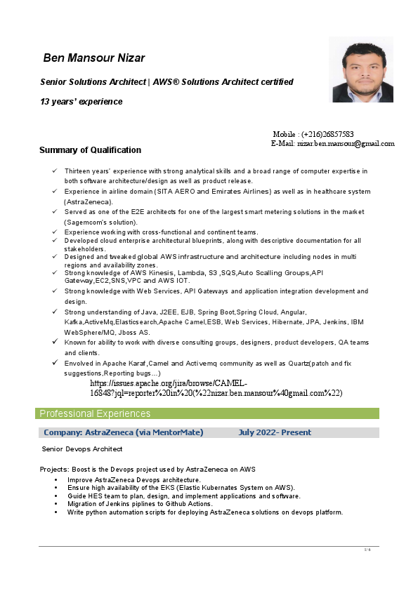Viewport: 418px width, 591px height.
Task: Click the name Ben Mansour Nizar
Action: (x=94, y=58)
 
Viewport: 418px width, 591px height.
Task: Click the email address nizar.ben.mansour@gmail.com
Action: (x=346, y=143)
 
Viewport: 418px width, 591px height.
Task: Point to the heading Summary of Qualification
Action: (x=90, y=150)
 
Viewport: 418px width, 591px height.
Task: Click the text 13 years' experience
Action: (x=81, y=102)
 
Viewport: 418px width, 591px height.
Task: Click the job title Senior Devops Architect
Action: (x=82, y=449)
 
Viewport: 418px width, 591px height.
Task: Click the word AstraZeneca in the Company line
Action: (x=109, y=432)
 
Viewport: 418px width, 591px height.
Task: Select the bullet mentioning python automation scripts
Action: (x=205, y=512)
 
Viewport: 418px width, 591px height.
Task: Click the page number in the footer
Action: (x=367, y=549)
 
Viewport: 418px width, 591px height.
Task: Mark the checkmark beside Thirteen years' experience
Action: (x=55, y=171)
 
